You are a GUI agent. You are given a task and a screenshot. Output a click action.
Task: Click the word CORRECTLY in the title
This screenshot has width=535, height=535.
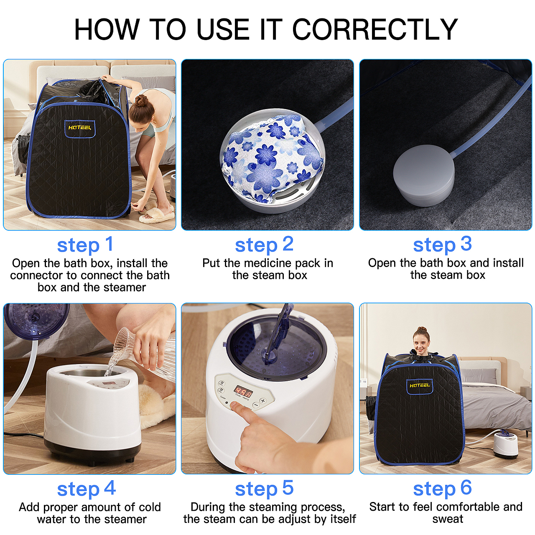[375, 29]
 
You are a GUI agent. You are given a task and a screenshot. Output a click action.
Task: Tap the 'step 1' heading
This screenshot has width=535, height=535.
[85, 245]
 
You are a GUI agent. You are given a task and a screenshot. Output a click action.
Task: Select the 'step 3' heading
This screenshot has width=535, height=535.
[442, 245]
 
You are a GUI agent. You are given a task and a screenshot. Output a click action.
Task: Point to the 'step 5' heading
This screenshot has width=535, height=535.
[264, 489]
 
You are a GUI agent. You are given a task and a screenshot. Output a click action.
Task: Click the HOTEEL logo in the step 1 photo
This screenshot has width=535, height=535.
[79, 128]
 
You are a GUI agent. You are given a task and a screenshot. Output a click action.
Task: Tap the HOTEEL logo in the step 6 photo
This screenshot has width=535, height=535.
[420, 385]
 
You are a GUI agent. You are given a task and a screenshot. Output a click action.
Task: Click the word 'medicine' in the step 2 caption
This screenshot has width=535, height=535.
[268, 263]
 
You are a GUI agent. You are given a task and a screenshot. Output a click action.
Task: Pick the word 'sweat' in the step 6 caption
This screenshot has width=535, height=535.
[448, 519]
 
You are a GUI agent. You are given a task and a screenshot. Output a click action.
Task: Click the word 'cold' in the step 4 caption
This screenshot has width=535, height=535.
[150, 507]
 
